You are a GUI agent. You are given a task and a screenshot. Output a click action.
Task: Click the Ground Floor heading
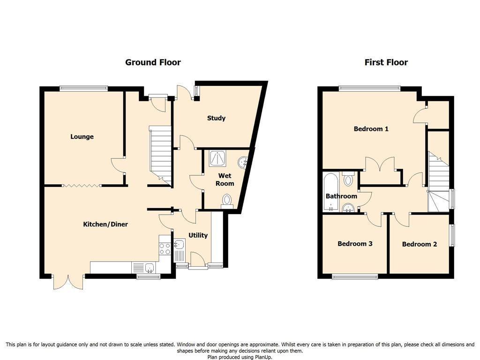point(153,62)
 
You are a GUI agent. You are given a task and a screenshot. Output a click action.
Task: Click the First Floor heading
point(386,62)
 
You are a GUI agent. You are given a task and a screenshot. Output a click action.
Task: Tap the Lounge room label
point(82,137)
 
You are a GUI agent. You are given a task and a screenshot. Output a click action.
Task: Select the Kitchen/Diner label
point(105,225)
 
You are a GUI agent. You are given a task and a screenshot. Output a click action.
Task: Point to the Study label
point(217,118)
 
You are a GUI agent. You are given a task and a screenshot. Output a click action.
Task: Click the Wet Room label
point(225,180)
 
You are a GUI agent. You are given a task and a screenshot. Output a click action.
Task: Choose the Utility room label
point(198,235)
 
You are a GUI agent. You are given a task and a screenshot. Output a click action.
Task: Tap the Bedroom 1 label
point(371,129)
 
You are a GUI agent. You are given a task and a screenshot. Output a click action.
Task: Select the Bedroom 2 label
point(419,244)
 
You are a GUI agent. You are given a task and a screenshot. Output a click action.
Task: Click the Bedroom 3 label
point(355,244)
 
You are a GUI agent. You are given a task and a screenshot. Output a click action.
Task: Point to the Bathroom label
point(341,196)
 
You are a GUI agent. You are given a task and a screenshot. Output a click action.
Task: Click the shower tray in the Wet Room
point(217,158)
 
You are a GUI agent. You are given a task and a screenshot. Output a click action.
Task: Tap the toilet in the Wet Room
point(227,200)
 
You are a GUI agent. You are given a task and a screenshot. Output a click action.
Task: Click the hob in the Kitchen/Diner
point(165,248)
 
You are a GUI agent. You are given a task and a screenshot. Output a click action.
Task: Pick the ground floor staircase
point(160,153)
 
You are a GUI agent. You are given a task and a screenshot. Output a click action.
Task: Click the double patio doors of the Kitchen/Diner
point(68,281)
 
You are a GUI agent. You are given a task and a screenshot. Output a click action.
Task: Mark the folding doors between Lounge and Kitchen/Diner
point(82,186)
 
